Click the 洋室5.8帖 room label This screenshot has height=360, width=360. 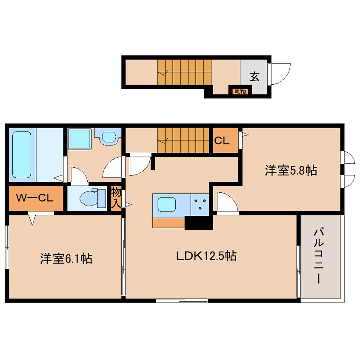pos(291,171)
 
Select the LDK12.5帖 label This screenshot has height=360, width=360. pos(206,256)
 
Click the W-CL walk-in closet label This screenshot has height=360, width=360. pos(35,198)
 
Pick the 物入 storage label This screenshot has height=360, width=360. pos(116,197)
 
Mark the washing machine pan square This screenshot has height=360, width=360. pos(80,139)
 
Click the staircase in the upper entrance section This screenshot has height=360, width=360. pos(184,71)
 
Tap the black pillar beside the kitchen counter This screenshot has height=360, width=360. pos(198,223)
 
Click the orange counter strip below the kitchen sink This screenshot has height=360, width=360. pos(169,223)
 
